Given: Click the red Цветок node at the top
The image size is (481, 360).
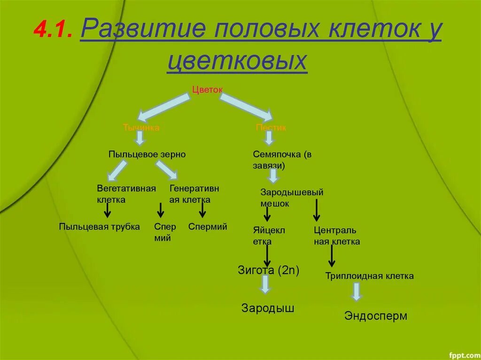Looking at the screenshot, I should coord(207,90).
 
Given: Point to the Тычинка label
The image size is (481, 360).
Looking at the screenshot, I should coord(141,128).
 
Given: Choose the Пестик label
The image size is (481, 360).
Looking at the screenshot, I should coord(271,128).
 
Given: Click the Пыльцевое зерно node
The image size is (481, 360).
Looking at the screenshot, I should coord(147,154).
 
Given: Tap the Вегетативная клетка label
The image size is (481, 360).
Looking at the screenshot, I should coord(126,194).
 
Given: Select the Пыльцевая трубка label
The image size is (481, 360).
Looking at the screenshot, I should coord(99,227).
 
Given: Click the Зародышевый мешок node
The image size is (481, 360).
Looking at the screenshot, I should coord(292,198).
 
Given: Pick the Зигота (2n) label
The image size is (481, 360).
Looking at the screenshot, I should coord(269,270).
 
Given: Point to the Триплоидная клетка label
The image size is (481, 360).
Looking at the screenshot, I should coord(369,276).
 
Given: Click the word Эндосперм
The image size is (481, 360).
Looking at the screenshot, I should coord(376,316).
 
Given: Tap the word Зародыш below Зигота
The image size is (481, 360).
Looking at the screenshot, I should coord(268,308).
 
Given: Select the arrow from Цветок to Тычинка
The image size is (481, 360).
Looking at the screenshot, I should coord(163,106).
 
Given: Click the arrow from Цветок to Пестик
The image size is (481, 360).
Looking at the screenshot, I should coord(246,106).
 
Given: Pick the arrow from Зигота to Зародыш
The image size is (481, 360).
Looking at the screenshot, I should coord(265,284).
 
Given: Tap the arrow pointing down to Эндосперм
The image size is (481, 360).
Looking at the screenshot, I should coord(357,291).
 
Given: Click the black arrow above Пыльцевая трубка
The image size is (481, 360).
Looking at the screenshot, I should coord(108,210).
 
